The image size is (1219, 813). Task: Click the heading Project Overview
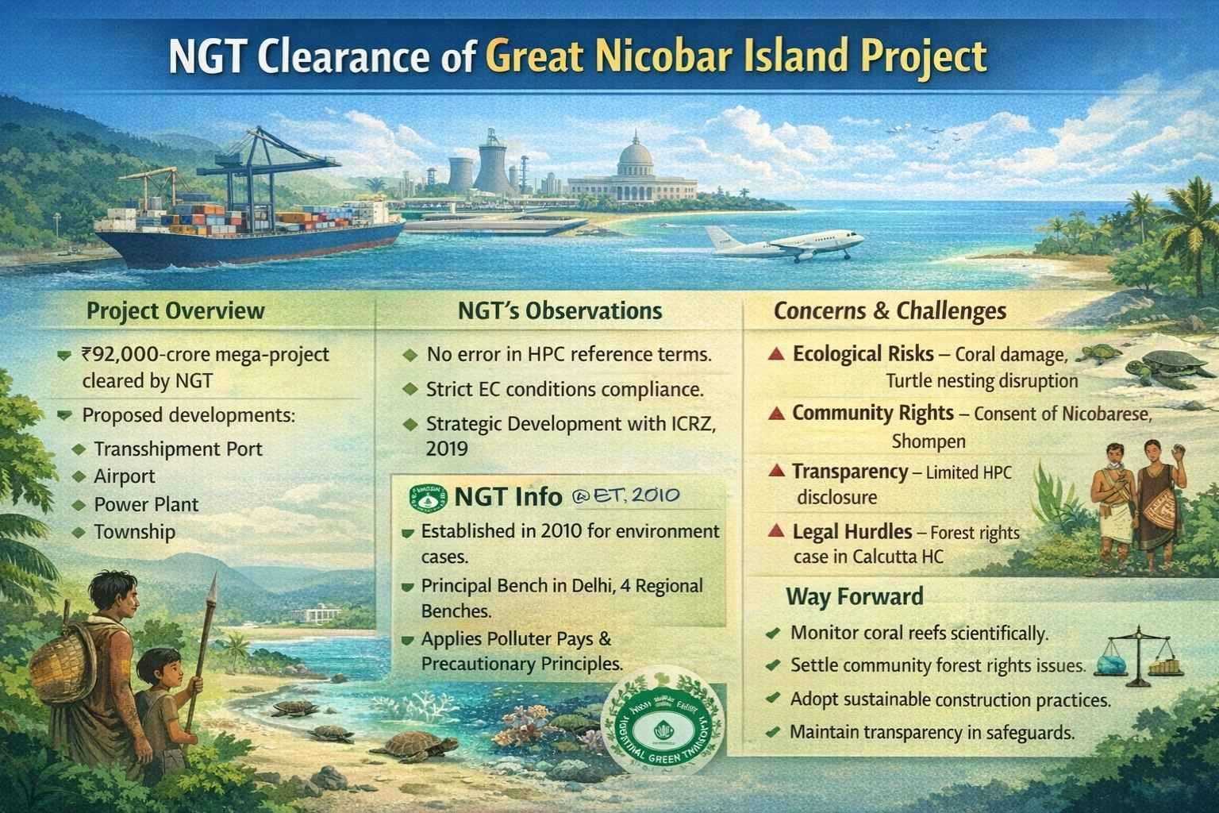click(x=175, y=310)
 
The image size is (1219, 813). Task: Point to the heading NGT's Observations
click(x=560, y=310)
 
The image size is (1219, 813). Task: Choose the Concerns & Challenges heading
click(x=890, y=311)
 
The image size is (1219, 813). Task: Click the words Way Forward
click(x=854, y=596)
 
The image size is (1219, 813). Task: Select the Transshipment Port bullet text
click(x=178, y=449)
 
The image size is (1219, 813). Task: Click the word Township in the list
click(x=134, y=532)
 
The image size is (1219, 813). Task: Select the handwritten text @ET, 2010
click(x=625, y=496)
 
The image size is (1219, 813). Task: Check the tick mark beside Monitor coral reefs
click(x=771, y=634)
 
